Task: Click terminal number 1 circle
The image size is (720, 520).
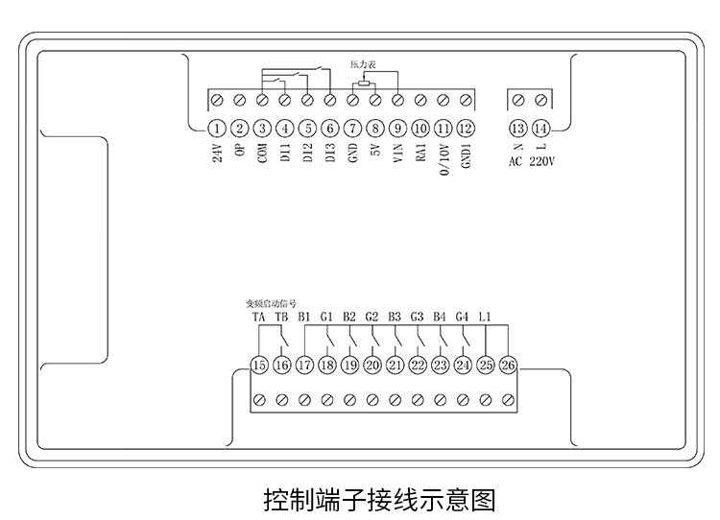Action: tap(217, 129)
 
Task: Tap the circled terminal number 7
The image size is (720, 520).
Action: tap(352, 129)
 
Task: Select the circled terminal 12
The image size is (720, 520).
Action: tap(466, 129)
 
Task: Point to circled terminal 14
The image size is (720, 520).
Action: tap(541, 129)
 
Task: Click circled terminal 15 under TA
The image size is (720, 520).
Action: tap(258, 365)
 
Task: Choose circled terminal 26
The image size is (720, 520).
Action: tap(508, 365)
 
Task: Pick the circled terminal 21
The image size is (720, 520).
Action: tap(395, 365)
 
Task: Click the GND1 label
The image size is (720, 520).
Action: tap(466, 159)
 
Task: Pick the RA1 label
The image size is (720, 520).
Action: tap(420, 156)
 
